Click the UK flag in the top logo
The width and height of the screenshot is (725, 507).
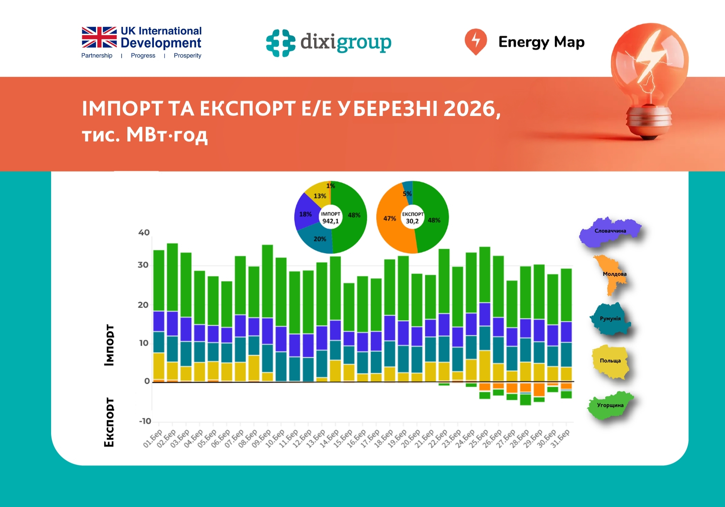coord(99,37)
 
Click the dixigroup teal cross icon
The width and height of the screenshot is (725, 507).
coord(281,43)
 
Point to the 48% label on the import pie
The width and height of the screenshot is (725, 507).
coord(354,215)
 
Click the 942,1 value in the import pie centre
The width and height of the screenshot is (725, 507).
coord(330,221)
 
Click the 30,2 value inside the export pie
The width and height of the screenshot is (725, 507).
coord(412,221)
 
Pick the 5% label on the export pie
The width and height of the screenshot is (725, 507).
coord(407,194)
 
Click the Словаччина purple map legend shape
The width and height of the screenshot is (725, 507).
coord(610,231)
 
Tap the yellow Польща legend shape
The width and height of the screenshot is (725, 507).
coord(610,361)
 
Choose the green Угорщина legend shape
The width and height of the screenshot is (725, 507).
coord(610,405)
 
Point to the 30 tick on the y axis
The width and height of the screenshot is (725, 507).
coord(143,265)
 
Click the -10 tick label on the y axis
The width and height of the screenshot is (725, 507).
coord(145,421)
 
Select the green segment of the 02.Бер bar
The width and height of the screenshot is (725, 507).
coord(172,276)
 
